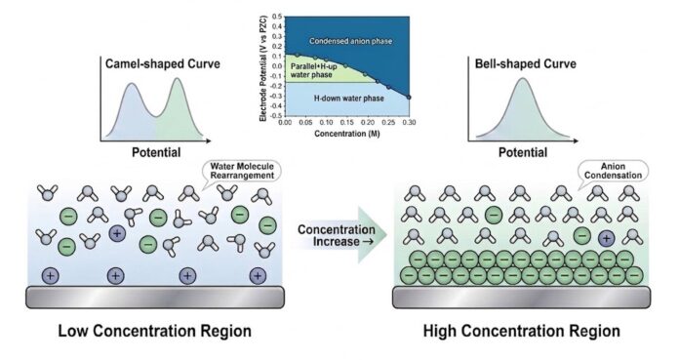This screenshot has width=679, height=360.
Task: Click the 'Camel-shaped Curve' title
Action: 163,64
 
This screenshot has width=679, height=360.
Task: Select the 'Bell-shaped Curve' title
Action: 526,64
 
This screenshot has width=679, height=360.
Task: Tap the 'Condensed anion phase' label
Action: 351,41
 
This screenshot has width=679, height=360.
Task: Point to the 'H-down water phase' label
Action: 348,99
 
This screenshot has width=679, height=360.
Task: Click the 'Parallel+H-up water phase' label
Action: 313,70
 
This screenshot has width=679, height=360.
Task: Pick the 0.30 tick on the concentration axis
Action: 409,123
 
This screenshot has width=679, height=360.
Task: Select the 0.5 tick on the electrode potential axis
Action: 277,17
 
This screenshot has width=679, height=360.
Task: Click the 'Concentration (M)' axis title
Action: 347,134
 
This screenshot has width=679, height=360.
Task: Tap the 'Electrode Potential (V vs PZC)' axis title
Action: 263,68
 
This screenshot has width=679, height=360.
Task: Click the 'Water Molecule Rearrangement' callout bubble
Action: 242,171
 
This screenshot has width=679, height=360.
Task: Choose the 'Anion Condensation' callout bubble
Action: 613,171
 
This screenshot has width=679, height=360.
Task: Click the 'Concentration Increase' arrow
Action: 342,235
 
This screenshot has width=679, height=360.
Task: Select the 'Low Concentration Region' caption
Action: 154,332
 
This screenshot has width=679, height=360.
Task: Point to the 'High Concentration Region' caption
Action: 521,332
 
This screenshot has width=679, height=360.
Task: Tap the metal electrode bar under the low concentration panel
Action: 155,298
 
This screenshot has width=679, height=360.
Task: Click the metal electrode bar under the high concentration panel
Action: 521,298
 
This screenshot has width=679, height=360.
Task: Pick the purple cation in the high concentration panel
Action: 606,238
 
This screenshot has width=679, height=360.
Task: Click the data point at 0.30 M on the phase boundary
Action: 409,97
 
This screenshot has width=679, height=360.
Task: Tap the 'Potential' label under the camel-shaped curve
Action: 156,152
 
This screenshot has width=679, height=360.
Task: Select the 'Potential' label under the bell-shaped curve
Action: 523,152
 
